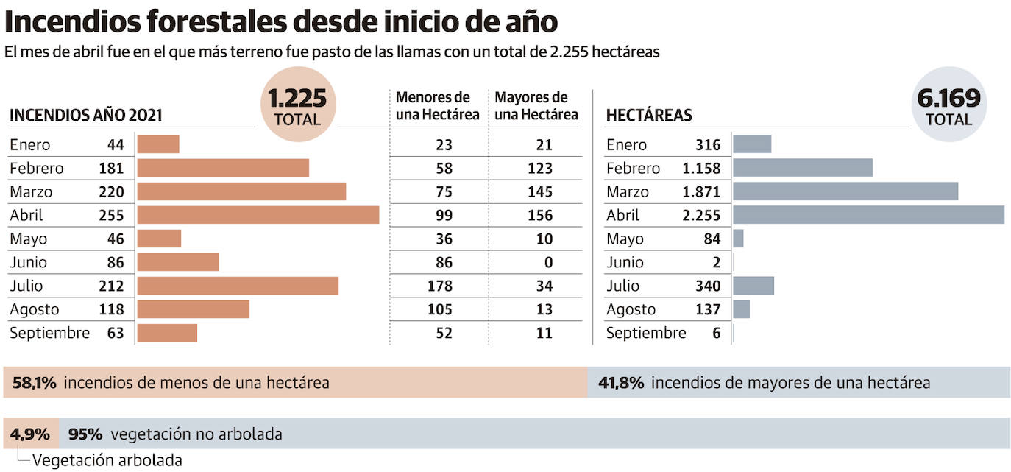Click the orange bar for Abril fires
pos(258,215)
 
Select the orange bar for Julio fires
pos(238,286)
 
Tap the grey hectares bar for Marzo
pos(845,191)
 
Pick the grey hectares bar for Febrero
pos(803,168)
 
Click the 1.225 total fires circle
pos(298,105)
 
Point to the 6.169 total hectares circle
pos(948,105)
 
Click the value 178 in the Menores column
pos(439,286)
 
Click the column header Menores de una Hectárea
pos(437,106)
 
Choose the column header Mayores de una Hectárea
pos(536,106)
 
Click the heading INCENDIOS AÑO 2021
pos(85,116)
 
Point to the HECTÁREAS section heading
pos(648,116)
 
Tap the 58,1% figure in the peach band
pos(35,383)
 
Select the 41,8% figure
pos(621,383)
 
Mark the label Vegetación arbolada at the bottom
pos(107,461)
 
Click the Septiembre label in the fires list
pos(49,333)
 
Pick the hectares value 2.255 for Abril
pos(700,215)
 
